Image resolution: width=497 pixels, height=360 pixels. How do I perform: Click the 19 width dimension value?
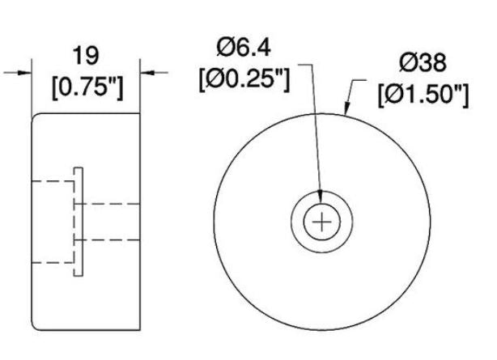tap(86, 56)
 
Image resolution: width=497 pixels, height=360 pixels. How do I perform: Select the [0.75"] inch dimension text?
tap(86, 87)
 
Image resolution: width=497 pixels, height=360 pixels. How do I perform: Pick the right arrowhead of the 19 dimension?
tap(145, 72)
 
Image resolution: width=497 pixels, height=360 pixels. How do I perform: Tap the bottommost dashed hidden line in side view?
tap(53, 263)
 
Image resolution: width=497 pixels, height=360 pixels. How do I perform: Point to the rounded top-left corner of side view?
tap(36, 118)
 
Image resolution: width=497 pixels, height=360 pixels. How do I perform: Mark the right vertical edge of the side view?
tap(140, 243)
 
